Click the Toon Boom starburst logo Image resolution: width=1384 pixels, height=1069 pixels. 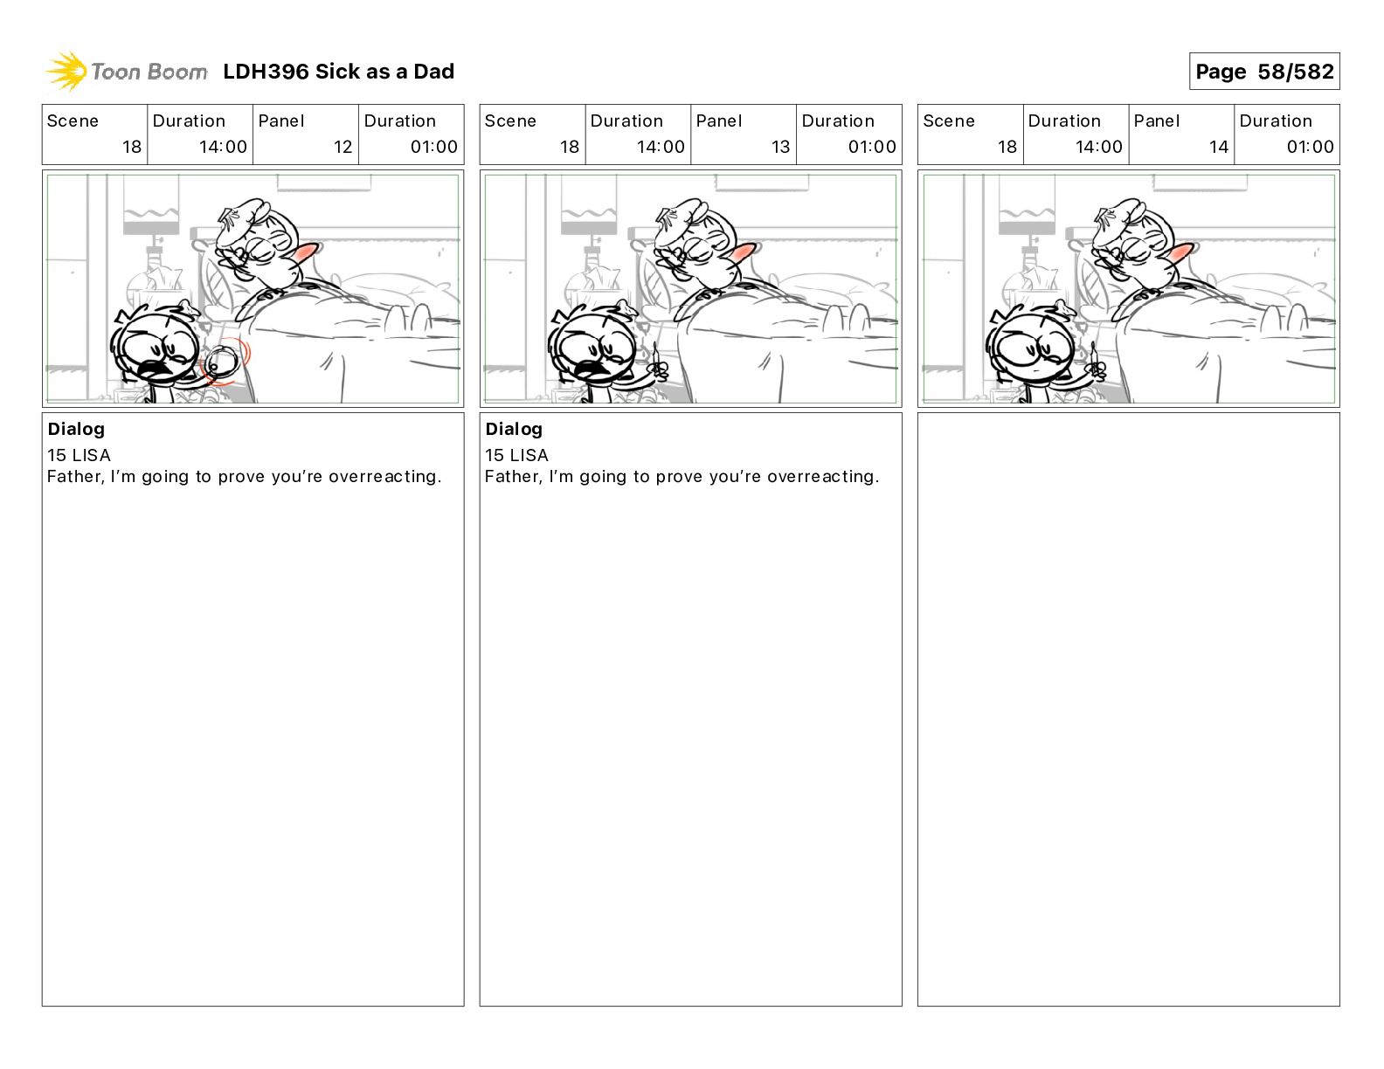click(x=66, y=72)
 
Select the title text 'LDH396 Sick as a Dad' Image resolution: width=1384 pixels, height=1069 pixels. click(x=339, y=72)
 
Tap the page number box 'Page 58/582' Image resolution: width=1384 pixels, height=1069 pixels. click(x=1264, y=72)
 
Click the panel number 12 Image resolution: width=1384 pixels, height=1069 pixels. click(x=343, y=147)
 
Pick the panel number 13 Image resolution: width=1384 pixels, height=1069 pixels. click(x=780, y=147)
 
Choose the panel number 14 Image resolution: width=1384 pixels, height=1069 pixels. click(x=1218, y=147)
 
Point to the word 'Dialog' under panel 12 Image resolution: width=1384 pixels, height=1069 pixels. click(x=76, y=430)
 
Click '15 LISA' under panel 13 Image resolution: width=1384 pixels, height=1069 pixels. click(x=516, y=455)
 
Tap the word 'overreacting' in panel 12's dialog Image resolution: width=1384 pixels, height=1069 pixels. click(x=384, y=477)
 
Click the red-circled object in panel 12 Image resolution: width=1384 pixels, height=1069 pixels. click(x=223, y=362)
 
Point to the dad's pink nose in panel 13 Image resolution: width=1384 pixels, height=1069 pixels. click(x=742, y=252)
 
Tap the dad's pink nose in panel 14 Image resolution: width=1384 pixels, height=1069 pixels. click(x=1180, y=252)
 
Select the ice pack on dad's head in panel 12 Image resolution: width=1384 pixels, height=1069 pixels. click(x=239, y=222)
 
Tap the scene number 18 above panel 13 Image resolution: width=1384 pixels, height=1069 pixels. click(x=570, y=147)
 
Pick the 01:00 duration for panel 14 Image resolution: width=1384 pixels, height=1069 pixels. click(x=1310, y=147)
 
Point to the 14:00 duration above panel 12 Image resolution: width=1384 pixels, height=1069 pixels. click(x=223, y=147)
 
